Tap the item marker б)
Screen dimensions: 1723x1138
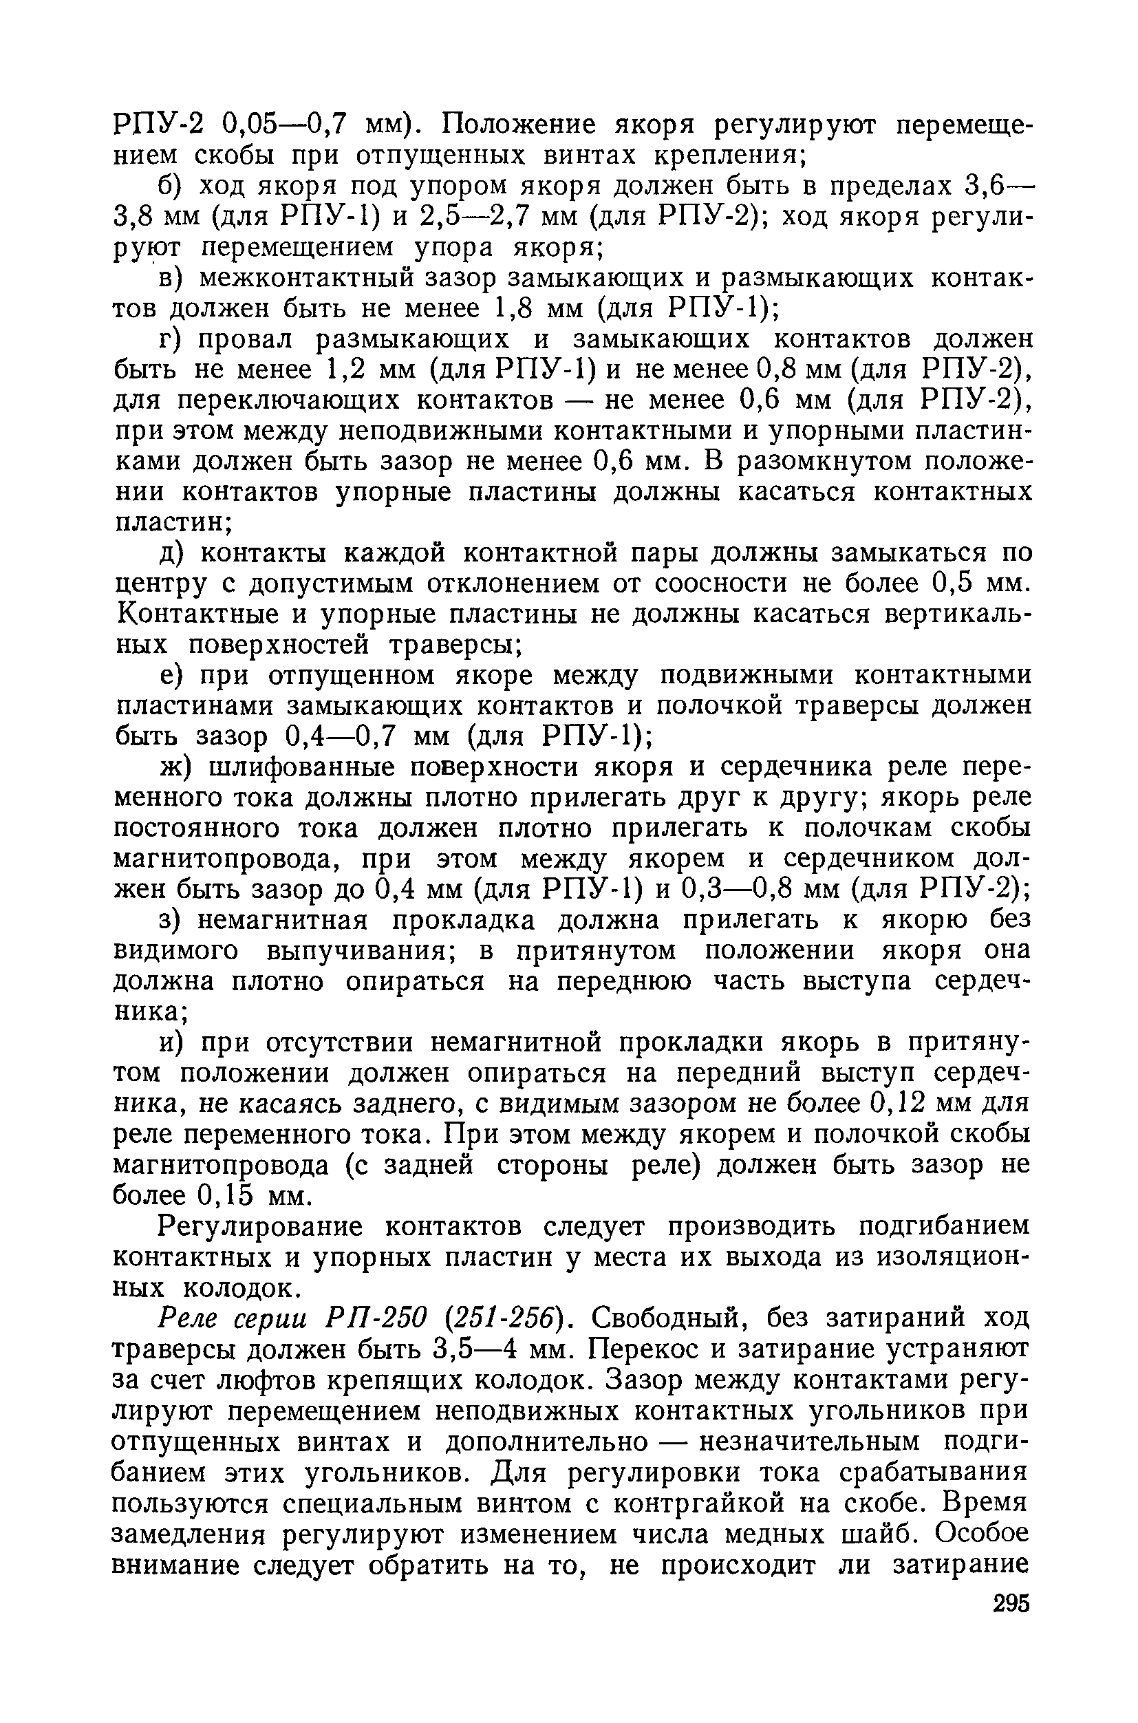pos(173,186)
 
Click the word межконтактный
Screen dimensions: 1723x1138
pos(303,279)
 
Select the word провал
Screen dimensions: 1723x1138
pos(246,341)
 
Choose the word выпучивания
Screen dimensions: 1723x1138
pos(352,952)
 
